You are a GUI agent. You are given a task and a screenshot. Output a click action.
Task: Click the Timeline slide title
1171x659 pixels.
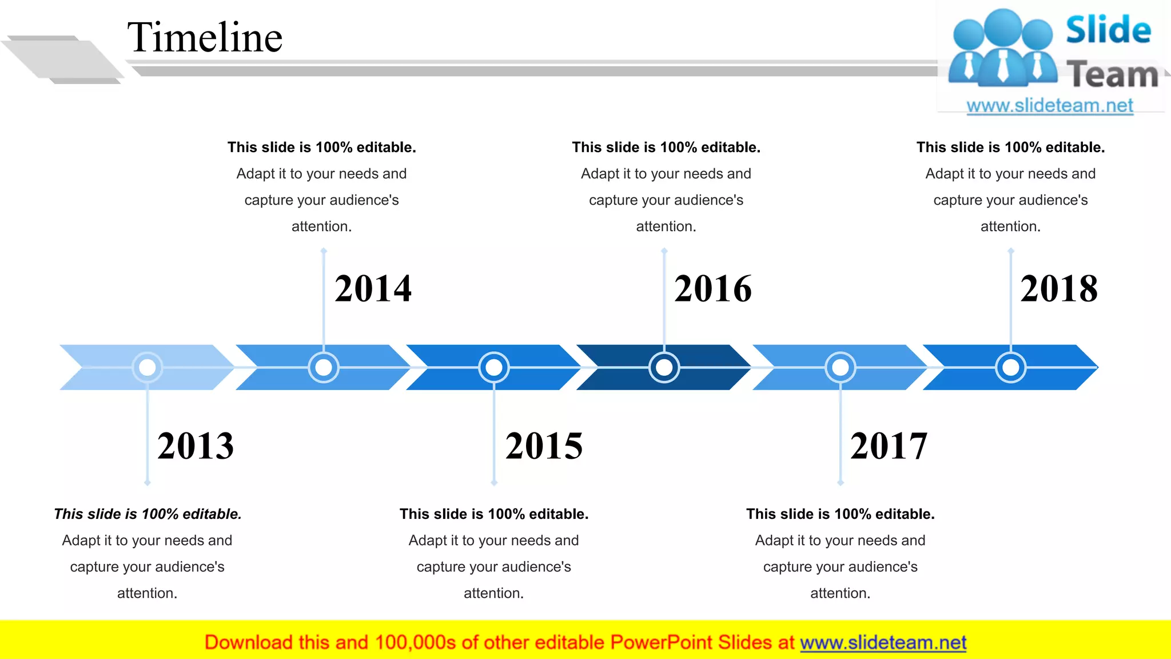tap(205, 38)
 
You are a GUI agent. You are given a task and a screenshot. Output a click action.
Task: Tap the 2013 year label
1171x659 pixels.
tap(196, 446)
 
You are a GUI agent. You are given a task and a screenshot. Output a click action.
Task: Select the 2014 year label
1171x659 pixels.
tap(373, 288)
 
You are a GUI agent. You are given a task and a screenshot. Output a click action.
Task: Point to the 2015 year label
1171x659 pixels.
tap(544, 446)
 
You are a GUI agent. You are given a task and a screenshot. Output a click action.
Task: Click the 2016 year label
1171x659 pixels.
tap(712, 288)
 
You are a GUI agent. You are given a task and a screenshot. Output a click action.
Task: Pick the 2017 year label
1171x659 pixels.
tap(889, 446)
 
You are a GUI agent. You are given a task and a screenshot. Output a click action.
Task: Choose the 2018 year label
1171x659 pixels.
tap(1059, 288)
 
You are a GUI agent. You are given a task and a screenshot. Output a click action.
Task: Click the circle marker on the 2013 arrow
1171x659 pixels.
tap(148, 367)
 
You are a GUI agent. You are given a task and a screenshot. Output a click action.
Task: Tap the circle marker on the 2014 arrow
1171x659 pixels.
tap(324, 367)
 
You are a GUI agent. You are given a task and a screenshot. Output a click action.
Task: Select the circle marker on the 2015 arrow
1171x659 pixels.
tap(494, 367)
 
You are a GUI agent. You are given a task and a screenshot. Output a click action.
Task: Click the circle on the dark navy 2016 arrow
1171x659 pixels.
tap(664, 367)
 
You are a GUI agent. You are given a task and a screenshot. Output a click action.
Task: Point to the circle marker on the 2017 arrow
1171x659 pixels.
tap(841, 367)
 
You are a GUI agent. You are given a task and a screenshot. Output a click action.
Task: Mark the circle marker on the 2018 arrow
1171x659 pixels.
tap(1011, 367)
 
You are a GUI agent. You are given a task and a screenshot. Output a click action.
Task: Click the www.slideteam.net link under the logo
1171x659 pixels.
tap(1050, 106)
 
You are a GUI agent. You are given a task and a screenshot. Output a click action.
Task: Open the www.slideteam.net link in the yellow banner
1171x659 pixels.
tap(883, 643)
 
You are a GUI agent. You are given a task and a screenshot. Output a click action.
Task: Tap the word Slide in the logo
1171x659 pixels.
tap(1108, 31)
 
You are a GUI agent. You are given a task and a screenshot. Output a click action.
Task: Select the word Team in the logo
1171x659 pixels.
tap(1113, 75)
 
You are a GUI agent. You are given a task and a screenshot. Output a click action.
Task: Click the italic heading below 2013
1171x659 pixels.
tap(148, 514)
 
